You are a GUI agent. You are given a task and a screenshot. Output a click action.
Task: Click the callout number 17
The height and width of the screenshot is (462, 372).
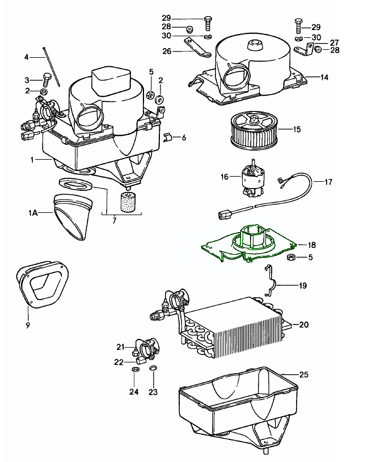(328, 182)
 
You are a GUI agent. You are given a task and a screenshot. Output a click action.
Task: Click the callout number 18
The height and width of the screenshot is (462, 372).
(312, 245)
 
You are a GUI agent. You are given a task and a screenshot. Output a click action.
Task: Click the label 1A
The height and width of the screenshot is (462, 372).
(33, 213)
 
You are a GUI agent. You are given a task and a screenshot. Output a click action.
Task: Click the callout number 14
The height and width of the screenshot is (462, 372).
(325, 76)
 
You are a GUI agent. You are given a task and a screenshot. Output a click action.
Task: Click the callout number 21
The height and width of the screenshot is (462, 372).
(120, 346)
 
